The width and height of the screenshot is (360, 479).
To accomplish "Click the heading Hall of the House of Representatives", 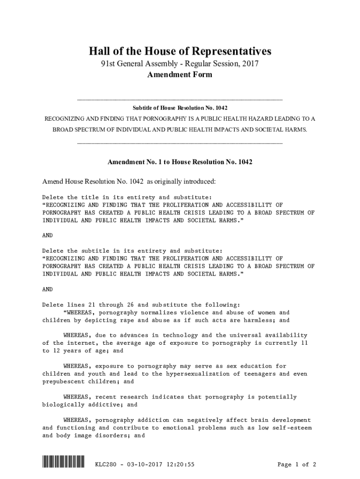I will point(180,51).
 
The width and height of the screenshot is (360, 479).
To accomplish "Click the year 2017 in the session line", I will point(249,64).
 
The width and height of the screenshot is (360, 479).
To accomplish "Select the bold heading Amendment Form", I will point(180,75).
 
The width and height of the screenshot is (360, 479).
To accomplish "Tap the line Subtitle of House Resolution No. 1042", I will point(180,108).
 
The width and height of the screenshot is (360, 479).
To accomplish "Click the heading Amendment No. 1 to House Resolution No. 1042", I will point(180,162).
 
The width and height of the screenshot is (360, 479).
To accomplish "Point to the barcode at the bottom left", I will point(63,464).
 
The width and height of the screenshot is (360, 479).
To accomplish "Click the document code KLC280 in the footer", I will point(106,464).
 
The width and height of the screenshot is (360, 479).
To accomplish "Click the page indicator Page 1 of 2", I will point(297,464).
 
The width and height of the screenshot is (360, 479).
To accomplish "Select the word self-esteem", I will point(292,428).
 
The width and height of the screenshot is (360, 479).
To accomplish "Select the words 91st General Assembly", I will point(136,64).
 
